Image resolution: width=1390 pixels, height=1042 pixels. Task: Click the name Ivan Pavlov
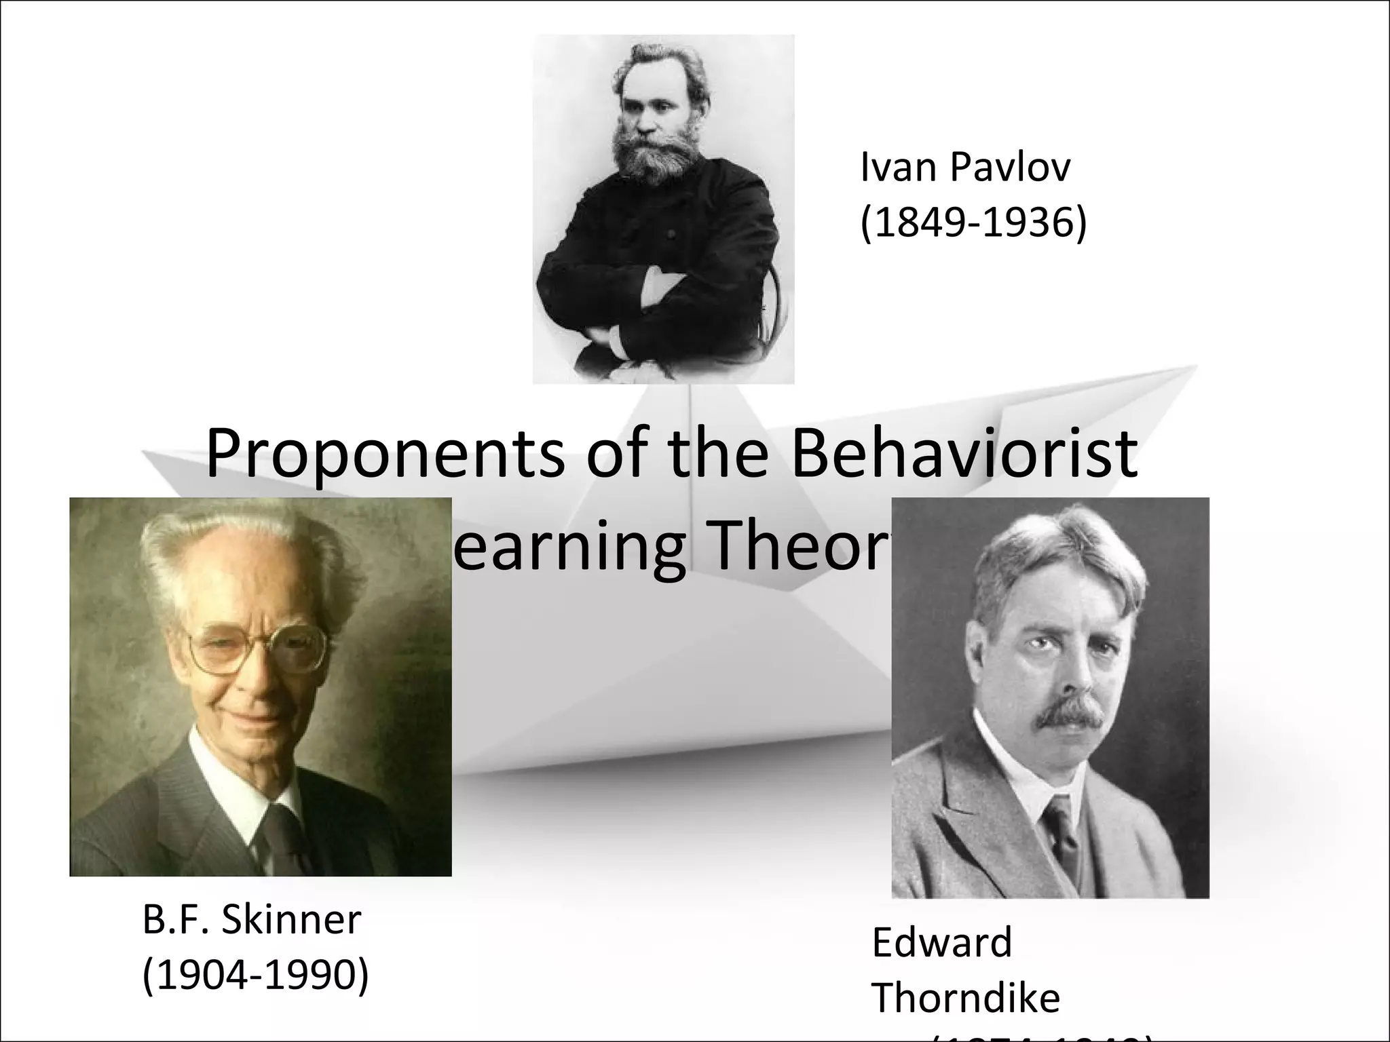point(965,168)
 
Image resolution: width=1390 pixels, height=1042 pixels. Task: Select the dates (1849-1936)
point(973,223)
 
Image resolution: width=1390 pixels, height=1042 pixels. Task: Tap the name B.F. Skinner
point(252,921)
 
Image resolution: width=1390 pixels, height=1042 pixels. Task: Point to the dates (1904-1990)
point(255,975)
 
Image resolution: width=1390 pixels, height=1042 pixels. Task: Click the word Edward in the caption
point(941,942)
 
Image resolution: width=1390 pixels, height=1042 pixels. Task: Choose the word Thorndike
point(965,998)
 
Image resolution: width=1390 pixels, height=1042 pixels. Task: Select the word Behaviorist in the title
point(964,452)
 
